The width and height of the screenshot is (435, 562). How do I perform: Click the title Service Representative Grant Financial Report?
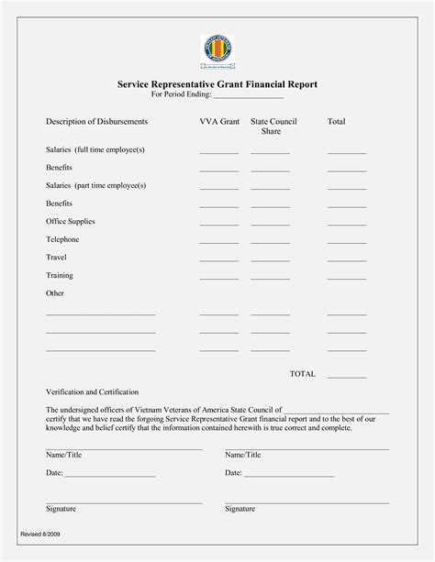tap(217, 83)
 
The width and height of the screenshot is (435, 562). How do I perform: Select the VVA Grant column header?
tap(218, 122)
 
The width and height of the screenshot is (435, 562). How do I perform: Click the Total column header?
tap(336, 122)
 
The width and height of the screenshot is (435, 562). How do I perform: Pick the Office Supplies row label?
tap(71, 221)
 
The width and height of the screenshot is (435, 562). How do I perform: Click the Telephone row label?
tap(62, 239)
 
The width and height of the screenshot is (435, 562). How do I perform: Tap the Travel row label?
tap(56, 258)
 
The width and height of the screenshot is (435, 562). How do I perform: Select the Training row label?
tap(60, 275)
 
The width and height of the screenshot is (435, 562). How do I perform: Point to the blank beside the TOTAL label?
tap(347, 377)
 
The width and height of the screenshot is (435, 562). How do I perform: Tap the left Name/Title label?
tap(63, 455)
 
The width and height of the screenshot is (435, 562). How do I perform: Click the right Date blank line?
tap(289, 476)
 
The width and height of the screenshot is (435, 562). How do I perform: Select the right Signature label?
tap(240, 508)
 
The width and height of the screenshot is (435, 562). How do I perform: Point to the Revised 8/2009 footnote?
tap(41, 533)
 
